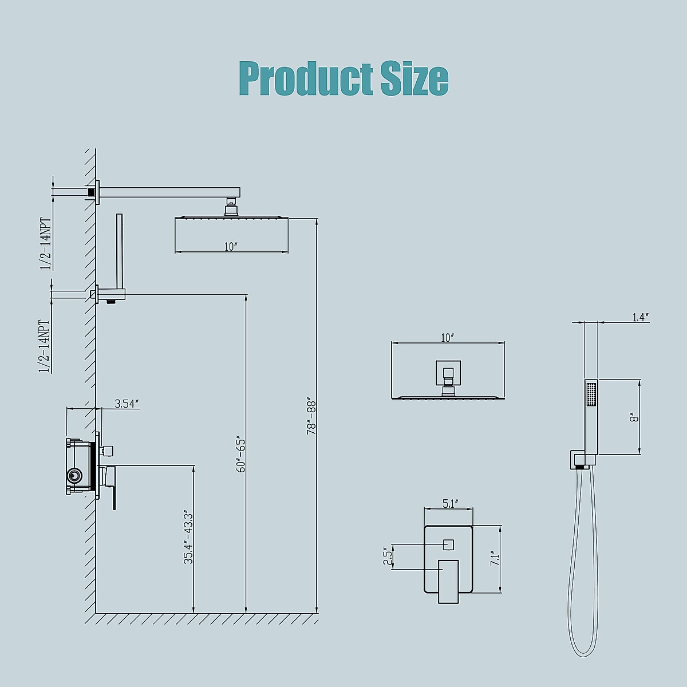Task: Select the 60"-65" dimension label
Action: [241, 455]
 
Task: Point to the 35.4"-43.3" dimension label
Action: [188, 538]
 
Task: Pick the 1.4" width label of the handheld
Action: [640, 317]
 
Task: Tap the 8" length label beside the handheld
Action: [633, 417]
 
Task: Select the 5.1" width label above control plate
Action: [449, 504]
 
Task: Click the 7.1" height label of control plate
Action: [495, 559]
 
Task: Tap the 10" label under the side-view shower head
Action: [231, 247]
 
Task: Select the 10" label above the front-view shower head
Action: [447, 338]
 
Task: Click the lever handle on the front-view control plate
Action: [449, 581]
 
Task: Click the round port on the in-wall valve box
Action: [73, 475]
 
